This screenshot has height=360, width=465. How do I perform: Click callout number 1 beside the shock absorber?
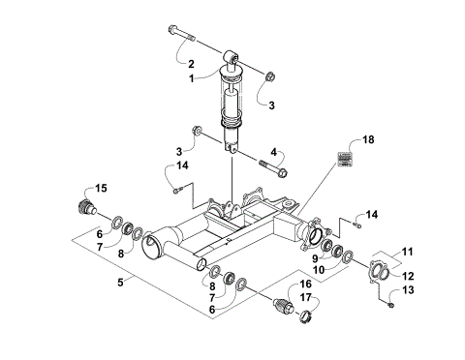pyautogui.click(x=192, y=76)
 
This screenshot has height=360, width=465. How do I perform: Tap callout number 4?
pyautogui.click(x=274, y=151)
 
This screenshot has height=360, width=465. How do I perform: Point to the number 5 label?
pyautogui.click(x=120, y=282)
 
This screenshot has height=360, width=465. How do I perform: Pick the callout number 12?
pyautogui.click(x=408, y=276)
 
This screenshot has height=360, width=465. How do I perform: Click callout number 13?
pyautogui.click(x=408, y=289)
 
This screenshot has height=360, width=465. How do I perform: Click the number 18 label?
pyautogui.click(x=367, y=140)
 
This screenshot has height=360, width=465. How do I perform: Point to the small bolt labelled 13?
pyautogui.click(x=389, y=307)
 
